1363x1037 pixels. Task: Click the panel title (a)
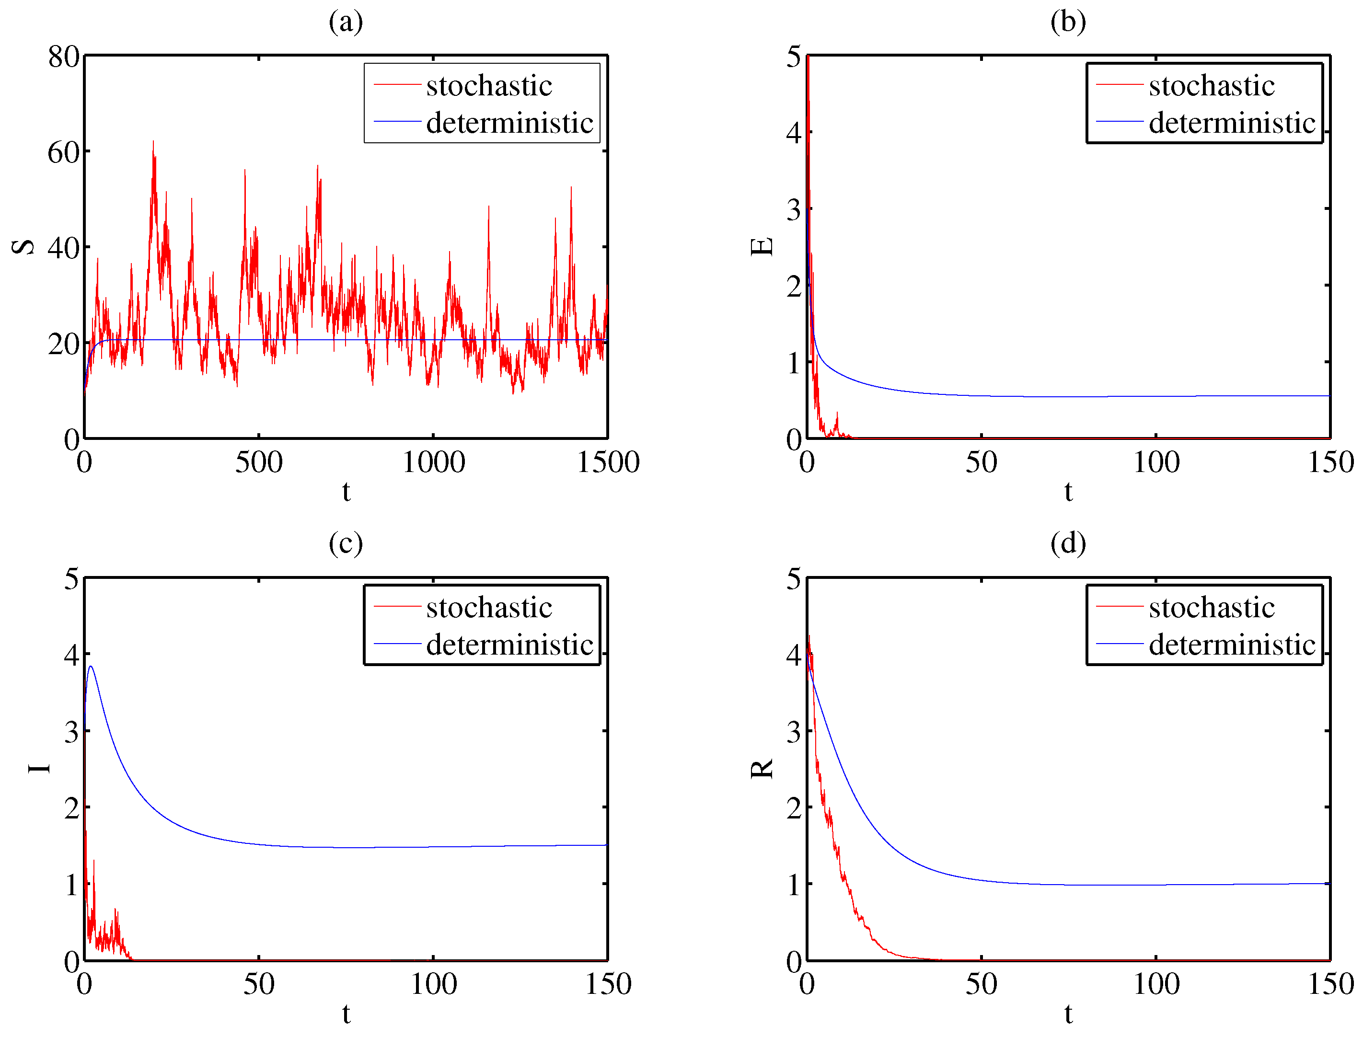point(346,22)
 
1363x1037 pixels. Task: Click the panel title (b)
point(1068,22)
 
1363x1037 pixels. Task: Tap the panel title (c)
point(346,544)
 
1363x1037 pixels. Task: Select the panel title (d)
point(1068,544)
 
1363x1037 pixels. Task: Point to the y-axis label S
point(23,247)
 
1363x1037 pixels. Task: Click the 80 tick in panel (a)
point(64,58)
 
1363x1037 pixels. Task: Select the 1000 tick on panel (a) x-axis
point(433,462)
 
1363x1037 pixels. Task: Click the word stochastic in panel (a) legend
point(489,86)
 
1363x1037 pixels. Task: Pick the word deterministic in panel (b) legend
point(1232,123)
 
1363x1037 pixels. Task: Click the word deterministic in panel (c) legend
point(509,645)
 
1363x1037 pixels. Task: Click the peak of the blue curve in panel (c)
point(92,667)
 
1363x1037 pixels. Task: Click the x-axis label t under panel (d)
point(1068,1014)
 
